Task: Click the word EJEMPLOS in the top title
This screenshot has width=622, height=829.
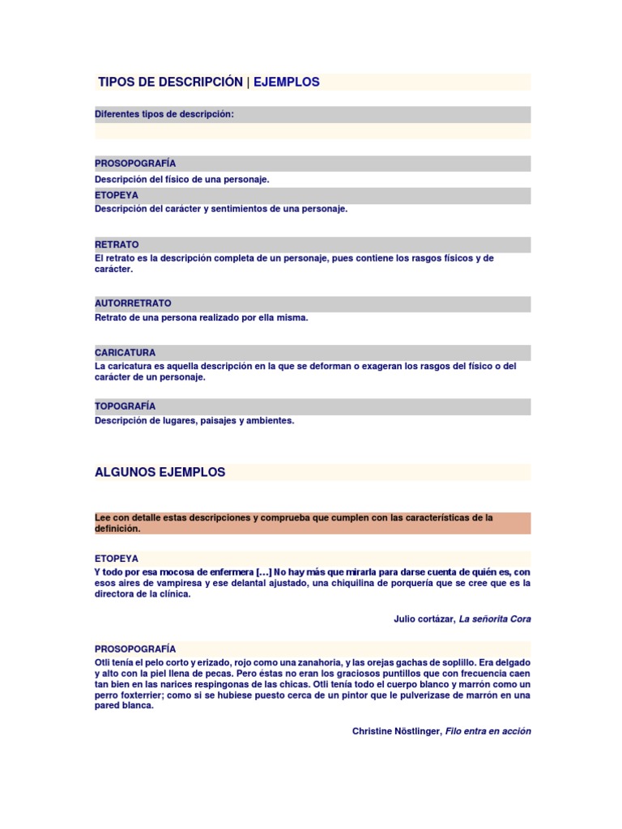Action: pos(287,82)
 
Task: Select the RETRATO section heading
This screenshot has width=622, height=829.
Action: pos(117,244)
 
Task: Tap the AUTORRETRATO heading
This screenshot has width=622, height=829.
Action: pos(133,303)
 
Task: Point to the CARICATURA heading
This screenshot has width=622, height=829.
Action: pos(125,353)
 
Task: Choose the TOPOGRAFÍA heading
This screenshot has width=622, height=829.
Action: pos(125,406)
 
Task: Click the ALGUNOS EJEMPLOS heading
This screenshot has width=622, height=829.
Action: pos(160,472)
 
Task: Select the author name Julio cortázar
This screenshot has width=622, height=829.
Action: pos(424,619)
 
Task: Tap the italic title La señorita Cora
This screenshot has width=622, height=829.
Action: pos(495,619)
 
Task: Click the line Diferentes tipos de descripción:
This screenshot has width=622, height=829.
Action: pos(164,114)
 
